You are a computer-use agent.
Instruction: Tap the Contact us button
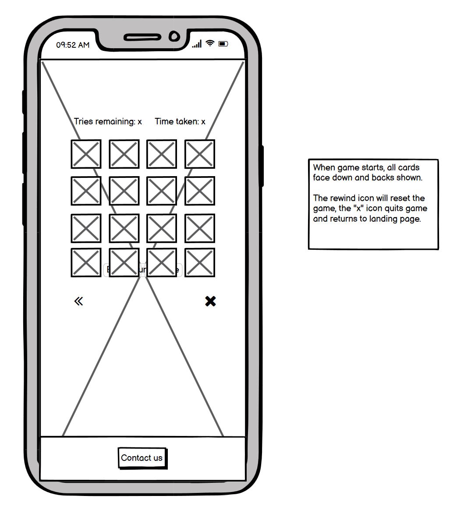pos(142,458)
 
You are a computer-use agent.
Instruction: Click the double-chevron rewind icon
pos(78,301)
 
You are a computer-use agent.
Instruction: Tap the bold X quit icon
pos(210,301)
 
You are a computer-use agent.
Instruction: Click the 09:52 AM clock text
pos(73,45)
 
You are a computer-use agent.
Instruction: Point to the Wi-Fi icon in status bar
pos(210,43)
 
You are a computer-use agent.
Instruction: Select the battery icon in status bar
pos(223,44)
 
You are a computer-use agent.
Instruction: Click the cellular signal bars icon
pos(197,44)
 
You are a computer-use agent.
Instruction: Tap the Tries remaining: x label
pos(108,121)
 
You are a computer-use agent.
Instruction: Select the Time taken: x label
pos(180,121)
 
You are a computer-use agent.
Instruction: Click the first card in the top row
pos(86,154)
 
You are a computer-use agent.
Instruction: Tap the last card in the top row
pos(200,154)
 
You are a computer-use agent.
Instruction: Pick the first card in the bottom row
pos(86,262)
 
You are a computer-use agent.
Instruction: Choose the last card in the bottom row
pos(200,262)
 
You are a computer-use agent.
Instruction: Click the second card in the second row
pos(124,191)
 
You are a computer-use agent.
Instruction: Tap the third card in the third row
pos(162,228)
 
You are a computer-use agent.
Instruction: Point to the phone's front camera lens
pos(174,36)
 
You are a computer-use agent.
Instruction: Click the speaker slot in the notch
pos(142,37)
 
